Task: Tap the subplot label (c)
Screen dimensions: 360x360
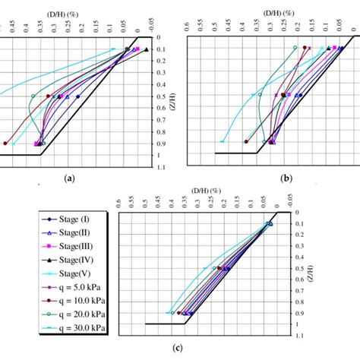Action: pos(197,349)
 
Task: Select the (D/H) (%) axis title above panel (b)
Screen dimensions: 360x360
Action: pos(260,5)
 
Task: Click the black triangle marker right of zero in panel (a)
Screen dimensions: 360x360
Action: pos(146,50)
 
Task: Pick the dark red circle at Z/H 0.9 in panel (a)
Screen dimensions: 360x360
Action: pos(5,143)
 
